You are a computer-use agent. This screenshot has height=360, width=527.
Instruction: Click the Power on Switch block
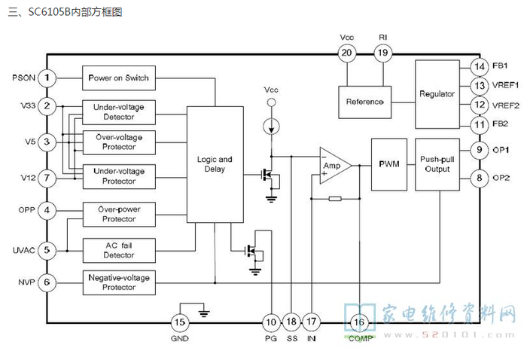tap(119, 78)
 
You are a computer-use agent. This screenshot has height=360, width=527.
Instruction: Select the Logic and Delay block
tap(215, 164)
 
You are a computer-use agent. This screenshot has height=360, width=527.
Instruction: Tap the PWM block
tap(389, 164)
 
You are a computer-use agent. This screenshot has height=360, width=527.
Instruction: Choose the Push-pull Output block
tap(437, 164)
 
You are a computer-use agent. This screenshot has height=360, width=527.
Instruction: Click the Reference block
tap(364, 102)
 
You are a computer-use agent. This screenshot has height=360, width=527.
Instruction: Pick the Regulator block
tap(437, 94)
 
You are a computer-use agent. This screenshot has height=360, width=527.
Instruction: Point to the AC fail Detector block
tap(119, 251)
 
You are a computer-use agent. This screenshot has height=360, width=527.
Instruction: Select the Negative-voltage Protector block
tap(119, 282)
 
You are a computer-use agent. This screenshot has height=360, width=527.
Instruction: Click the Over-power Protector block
tap(119, 214)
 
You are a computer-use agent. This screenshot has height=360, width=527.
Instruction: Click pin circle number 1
tap(47, 78)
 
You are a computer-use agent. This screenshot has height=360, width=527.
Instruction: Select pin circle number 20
tap(346, 53)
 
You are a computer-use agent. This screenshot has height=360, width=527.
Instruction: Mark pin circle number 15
tap(179, 322)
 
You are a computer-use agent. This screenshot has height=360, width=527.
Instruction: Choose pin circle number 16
tap(359, 322)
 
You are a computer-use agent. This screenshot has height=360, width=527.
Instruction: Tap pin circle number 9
tap(480, 150)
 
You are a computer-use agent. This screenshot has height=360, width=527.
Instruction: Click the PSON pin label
tap(23, 78)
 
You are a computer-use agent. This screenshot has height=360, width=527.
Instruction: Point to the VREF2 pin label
tap(505, 105)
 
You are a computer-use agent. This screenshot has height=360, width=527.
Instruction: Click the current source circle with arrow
tap(271, 127)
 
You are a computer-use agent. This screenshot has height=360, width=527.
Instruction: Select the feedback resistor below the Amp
tap(335, 199)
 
